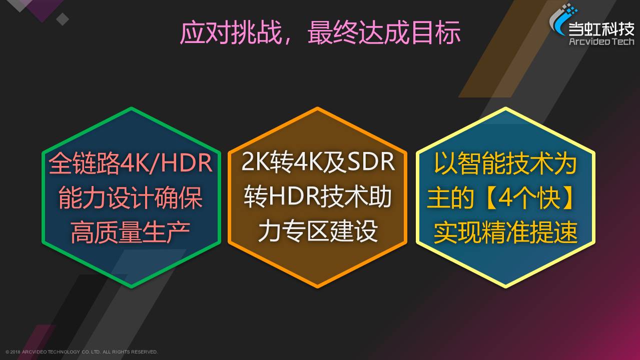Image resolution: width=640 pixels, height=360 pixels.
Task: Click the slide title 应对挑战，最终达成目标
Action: pos(320,32)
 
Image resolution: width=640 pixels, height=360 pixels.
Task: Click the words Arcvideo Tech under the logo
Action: pos(601,41)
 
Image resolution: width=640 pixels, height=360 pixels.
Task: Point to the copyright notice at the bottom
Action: pos(82,352)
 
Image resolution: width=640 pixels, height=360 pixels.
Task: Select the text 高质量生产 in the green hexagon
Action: pos(131,232)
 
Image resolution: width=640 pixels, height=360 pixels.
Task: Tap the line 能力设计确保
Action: pos(131,197)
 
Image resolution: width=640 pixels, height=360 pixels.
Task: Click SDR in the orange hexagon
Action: pos(371,162)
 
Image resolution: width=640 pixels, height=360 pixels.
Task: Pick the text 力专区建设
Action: pos(318,230)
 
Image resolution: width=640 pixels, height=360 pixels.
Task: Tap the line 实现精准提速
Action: pos(505,232)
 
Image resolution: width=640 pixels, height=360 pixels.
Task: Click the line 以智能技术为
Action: pos(505,163)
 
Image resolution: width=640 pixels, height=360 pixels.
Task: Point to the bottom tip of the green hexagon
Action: pos(131,287)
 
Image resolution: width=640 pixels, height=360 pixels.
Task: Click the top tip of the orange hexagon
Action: pos(317,108)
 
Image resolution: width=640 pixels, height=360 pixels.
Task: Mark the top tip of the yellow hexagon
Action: pos(505,108)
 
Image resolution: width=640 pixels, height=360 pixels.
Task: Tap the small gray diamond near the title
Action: pos(63,19)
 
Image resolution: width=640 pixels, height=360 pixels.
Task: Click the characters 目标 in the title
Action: pos(436,32)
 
